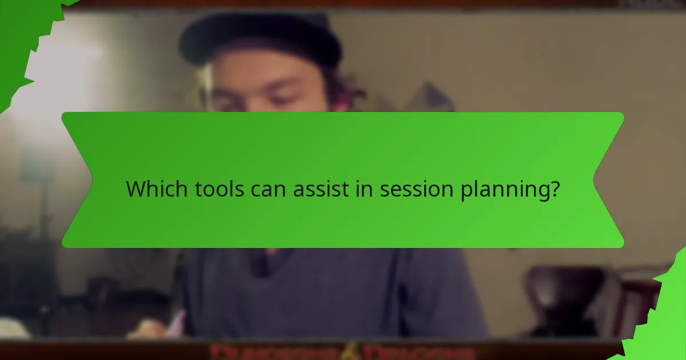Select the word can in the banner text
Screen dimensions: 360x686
click(x=270, y=189)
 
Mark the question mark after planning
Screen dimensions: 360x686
click(x=553, y=189)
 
